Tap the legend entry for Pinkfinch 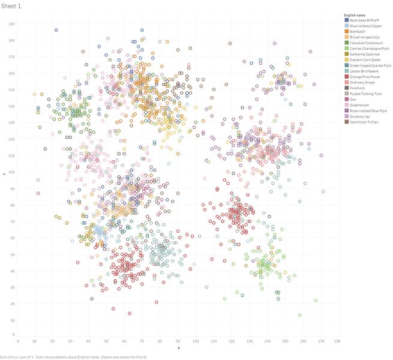point(358,88)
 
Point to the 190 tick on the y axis point(11,24)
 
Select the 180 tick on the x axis point(338,341)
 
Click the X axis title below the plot point(178,348)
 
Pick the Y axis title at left point(4,174)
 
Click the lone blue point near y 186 point(56,30)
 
